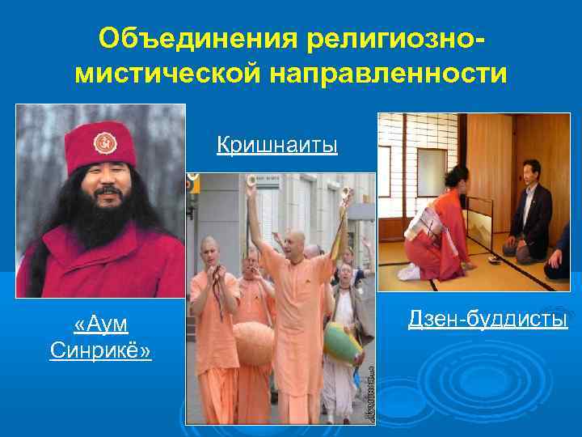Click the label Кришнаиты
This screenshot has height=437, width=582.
pos(276,146)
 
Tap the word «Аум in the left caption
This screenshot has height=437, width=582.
pos(100,325)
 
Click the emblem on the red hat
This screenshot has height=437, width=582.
pos(102,144)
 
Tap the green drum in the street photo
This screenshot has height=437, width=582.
pos(343,344)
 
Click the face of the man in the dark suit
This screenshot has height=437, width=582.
pos(531,172)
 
